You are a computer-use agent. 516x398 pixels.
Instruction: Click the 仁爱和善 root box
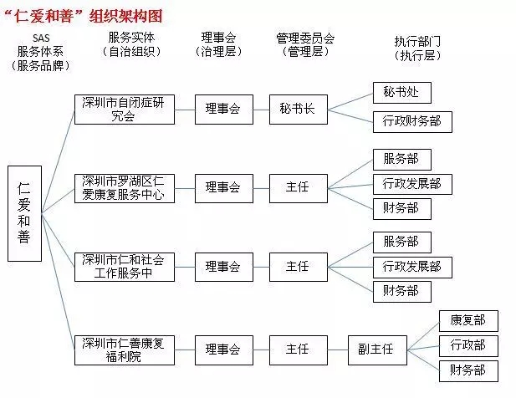pos(25,213)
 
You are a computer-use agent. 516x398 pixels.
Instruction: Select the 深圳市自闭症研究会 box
pos(125,110)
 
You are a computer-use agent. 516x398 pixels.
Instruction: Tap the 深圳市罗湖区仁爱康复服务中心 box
pos(125,188)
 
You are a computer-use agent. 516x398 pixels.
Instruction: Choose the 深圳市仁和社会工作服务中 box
pos(125,267)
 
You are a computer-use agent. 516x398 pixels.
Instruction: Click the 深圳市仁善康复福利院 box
pos(125,350)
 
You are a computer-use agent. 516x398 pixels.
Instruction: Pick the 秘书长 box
pos(299,110)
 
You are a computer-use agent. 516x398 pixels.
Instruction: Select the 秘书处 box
pos(402,93)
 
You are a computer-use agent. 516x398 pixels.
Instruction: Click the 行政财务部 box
pos(412,122)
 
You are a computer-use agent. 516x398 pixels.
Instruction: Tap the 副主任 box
pos(377,350)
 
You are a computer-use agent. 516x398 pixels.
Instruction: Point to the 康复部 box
pos(468,321)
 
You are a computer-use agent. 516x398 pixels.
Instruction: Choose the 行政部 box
pos(468,346)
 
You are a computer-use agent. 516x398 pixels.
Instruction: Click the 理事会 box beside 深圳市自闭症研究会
pos(224,110)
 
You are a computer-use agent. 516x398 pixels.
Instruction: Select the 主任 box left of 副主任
pos(299,350)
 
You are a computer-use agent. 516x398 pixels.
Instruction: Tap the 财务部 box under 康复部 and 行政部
pos(468,371)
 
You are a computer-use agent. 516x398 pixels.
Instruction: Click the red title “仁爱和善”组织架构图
pos(84,16)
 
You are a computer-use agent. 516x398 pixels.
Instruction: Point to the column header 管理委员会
pos(305,38)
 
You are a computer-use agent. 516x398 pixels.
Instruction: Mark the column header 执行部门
pos(417,42)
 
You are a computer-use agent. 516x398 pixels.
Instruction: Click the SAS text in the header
pos(41,38)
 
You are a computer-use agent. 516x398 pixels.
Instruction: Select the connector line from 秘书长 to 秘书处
pos(350,101)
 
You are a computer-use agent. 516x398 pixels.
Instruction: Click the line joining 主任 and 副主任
pos(338,350)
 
